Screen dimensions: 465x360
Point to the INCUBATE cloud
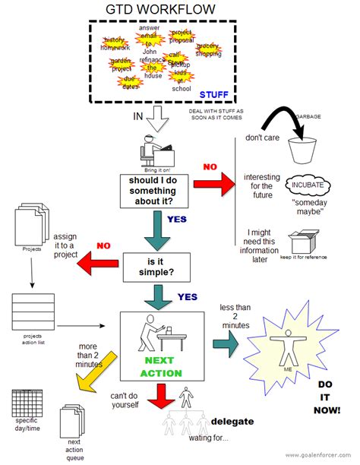[x=305, y=185]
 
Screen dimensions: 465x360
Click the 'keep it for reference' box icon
[x=304, y=242]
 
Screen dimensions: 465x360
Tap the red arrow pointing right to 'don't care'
[x=214, y=182]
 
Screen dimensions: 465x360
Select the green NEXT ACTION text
[x=160, y=367]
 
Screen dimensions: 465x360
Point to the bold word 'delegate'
[x=232, y=421]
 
